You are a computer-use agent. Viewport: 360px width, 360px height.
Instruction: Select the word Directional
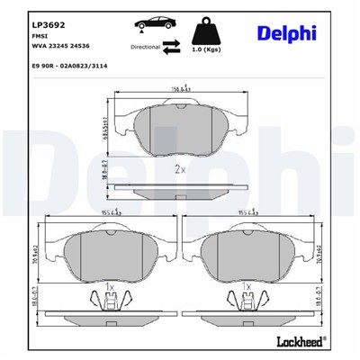pos(147,45)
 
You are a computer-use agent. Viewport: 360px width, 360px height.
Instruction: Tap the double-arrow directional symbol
pos(171,47)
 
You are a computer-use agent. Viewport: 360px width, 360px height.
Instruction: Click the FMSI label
pos(39,29)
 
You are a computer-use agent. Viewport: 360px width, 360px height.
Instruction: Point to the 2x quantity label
pos(179,168)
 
